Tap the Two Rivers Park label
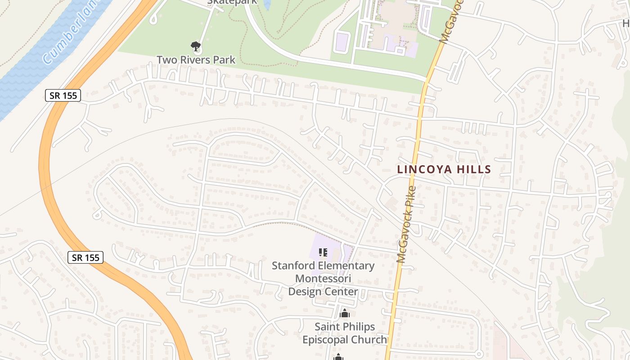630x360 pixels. pos(196,59)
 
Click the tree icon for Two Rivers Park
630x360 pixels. pos(195,46)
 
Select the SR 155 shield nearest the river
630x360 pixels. pos(63,95)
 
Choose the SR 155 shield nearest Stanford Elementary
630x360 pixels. pos(85,257)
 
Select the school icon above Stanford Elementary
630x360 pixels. pos(323,252)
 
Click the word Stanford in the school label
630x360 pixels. pos(291,266)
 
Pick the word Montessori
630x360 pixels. pos(323,279)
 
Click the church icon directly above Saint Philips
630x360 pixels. pos(345,313)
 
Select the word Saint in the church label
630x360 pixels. pos(327,326)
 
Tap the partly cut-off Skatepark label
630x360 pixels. pos(232,2)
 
